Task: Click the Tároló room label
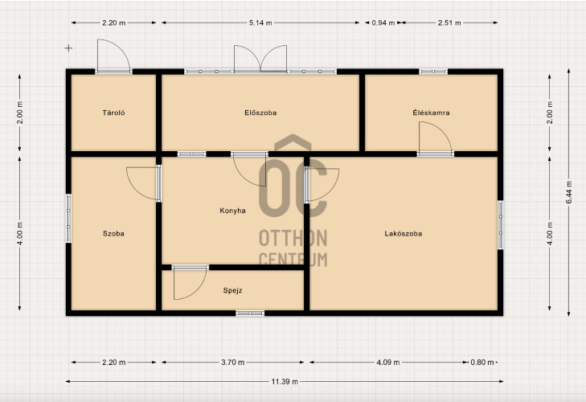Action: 113,113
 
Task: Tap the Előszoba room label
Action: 260,113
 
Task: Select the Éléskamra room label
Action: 431,113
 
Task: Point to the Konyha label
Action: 232,211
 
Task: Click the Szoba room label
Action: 113,234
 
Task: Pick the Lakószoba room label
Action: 404,234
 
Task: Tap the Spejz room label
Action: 232,290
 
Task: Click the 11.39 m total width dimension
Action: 285,381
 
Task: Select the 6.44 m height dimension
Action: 569,192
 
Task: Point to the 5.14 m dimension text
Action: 260,23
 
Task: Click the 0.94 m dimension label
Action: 383,23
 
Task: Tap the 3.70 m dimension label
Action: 232,363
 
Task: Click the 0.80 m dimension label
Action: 482,363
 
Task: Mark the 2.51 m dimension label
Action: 449,23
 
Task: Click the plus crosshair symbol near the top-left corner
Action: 68,48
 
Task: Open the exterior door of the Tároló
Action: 113,56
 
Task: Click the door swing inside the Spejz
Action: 190,284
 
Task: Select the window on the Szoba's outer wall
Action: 69,219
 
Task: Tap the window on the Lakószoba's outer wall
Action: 500,225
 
